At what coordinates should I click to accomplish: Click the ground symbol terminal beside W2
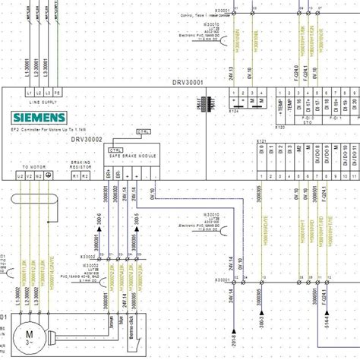[x=49, y=175]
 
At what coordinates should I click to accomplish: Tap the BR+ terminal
[x=108, y=175]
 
